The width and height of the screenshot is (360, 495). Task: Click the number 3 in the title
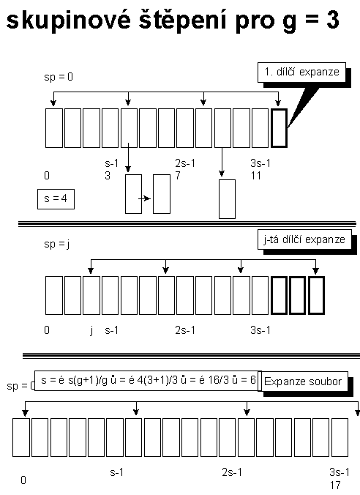tap(332, 20)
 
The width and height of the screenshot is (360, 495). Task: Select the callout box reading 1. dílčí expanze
tap(301, 72)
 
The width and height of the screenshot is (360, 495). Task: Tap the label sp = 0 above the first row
tap(59, 77)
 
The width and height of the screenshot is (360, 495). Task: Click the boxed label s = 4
tap(56, 199)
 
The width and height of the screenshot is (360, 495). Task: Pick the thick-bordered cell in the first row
tap(279, 128)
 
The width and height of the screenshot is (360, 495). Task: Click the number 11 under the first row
tap(256, 176)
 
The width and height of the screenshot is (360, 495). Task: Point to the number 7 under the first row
tap(178, 176)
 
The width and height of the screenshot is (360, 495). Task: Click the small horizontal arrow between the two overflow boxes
tap(144, 198)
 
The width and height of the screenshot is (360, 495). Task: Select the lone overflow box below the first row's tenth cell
tap(227, 199)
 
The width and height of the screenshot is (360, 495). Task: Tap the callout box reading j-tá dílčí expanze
tap(304, 239)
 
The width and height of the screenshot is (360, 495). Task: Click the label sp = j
tap(57, 244)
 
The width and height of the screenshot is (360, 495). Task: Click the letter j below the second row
tap(91, 330)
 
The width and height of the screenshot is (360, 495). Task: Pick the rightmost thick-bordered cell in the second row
tap(316, 296)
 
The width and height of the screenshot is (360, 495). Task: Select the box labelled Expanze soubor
tap(303, 382)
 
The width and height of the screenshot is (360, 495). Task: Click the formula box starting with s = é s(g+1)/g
tap(148, 381)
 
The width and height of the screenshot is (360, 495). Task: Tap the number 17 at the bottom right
tap(335, 485)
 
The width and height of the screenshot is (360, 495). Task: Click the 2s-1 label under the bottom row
tap(232, 472)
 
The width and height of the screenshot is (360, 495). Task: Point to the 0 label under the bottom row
tap(23, 480)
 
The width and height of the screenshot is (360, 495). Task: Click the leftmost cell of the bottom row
tap(21, 438)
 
